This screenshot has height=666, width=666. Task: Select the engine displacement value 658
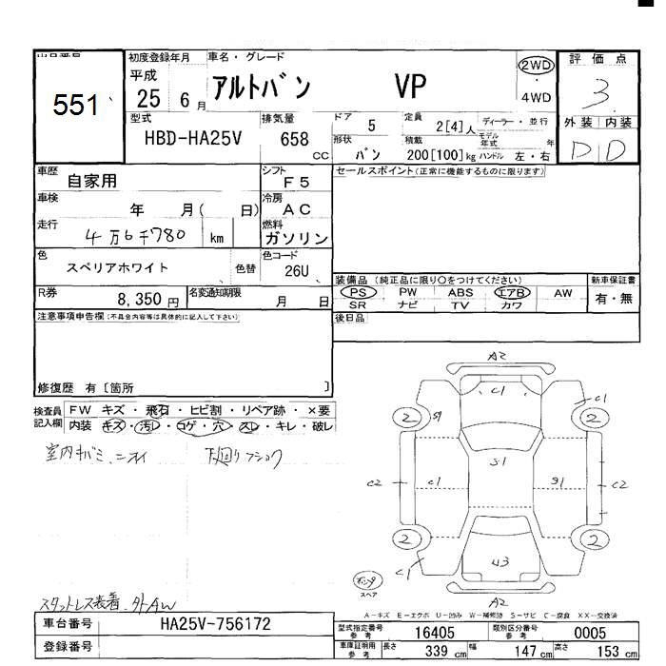294,139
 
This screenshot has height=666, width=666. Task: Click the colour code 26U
298,271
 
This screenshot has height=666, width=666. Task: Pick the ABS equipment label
460,293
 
